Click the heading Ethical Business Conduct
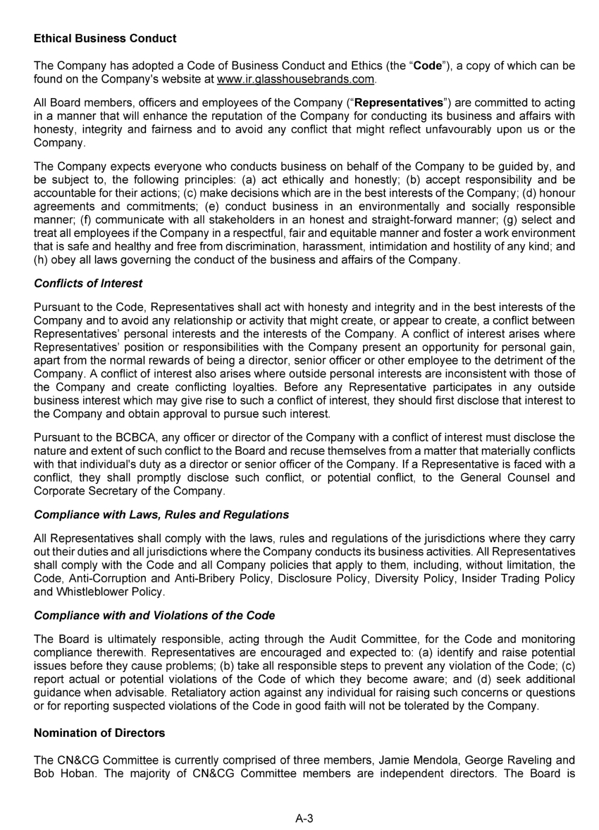click(x=105, y=37)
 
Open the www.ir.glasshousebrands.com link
click(x=296, y=78)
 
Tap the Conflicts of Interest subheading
click(x=88, y=283)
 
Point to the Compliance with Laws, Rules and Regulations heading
click(x=161, y=514)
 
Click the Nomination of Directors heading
click(x=99, y=733)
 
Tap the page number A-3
click(x=304, y=818)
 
